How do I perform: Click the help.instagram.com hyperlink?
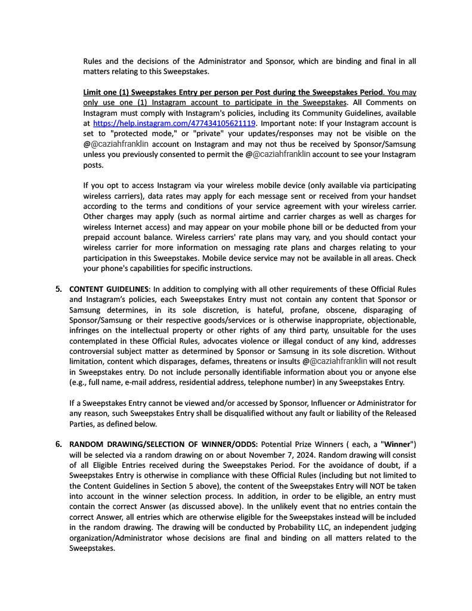(x=174, y=124)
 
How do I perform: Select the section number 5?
(x=58, y=289)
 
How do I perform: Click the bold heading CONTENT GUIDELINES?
(x=110, y=289)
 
